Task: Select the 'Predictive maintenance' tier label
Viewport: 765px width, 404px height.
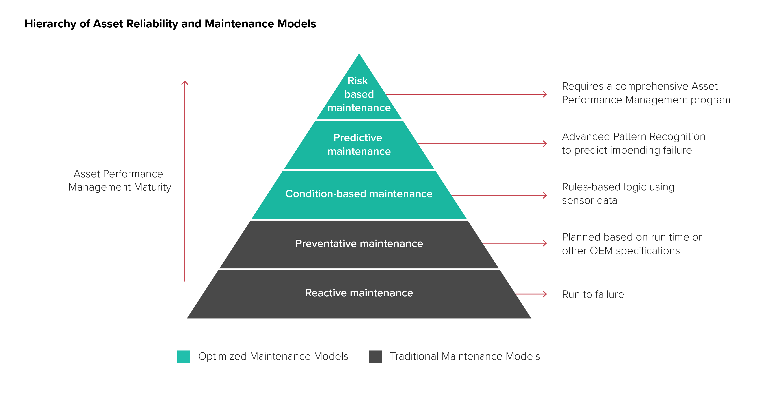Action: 359,144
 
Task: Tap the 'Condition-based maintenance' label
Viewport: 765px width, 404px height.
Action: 359,194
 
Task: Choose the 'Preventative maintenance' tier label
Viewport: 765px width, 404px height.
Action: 359,244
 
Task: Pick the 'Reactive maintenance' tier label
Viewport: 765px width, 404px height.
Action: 359,293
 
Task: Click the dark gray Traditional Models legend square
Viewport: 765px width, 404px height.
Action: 375,356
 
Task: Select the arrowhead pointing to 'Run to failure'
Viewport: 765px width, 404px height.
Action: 545,294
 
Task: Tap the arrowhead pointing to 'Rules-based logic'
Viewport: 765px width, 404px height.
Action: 545,195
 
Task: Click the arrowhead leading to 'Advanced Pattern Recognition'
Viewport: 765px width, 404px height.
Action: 545,144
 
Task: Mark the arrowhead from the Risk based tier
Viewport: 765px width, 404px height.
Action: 545,94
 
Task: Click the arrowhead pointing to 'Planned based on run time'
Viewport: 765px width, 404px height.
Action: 545,243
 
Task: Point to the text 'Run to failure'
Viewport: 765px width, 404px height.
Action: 593,294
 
